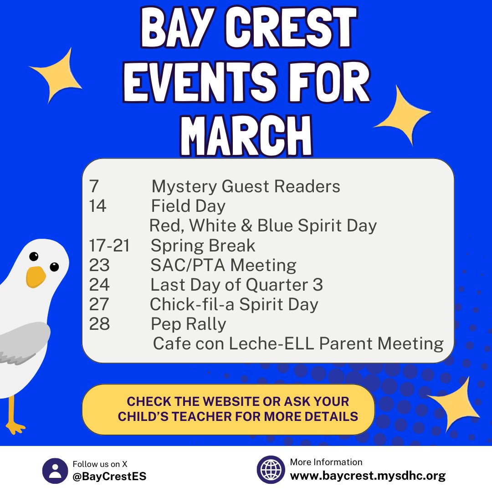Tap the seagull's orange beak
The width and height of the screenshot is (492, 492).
point(36,276)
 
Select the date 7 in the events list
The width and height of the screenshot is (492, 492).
point(94,186)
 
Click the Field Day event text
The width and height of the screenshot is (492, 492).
point(188,206)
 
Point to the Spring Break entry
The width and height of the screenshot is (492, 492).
point(203,246)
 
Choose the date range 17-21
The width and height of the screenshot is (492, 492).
point(109,246)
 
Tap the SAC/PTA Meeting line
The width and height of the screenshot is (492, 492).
point(223,265)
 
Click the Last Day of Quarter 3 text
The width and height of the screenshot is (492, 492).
point(236,285)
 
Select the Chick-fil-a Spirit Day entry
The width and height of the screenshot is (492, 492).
point(234,304)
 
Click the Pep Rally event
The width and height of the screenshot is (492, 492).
point(188,324)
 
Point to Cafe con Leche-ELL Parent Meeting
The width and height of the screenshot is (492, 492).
point(298,343)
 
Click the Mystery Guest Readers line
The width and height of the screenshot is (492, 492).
point(246,186)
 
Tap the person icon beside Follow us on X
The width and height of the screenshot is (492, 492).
point(55,471)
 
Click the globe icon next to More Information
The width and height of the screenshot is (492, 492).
point(271,470)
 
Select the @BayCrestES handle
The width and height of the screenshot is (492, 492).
point(109,477)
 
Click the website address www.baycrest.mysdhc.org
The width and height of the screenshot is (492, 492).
point(368,477)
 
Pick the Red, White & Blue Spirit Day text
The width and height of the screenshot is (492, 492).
point(263,225)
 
